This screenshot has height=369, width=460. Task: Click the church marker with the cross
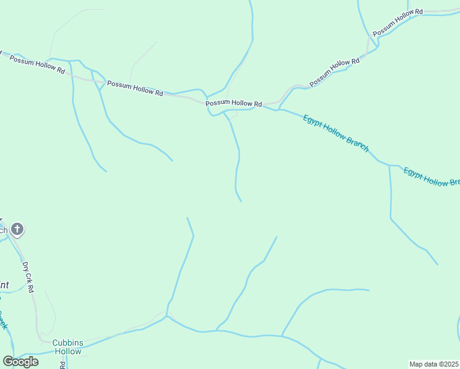point(17,230)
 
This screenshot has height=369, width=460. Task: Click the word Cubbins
point(67,343)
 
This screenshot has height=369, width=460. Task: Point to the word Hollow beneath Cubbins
point(67,352)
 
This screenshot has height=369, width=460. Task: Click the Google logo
point(20,362)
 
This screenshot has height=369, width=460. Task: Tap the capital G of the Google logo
point(8,361)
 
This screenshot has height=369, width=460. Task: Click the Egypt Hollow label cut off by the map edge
point(431,177)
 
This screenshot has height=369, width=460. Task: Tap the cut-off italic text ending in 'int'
point(4,285)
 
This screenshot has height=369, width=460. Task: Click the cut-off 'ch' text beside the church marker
point(3,231)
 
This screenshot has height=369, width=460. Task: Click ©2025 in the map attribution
point(448,363)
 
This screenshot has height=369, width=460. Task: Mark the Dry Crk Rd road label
point(28,277)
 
